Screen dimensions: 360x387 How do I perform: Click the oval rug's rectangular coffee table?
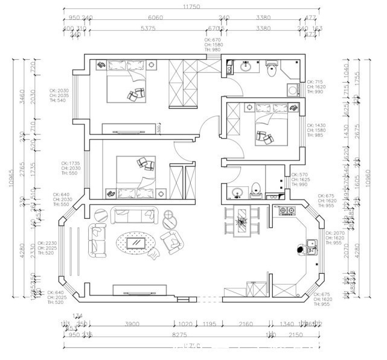(x=138, y=243)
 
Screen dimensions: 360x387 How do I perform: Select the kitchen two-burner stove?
(x=286, y=212)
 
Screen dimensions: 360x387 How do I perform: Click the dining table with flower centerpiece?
(x=242, y=221)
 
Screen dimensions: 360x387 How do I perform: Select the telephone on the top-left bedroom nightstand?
(x=100, y=65)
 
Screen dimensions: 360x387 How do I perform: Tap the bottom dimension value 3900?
(x=132, y=324)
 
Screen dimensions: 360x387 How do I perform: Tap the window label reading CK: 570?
(x=299, y=175)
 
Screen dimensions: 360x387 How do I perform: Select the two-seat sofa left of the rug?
(x=98, y=238)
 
